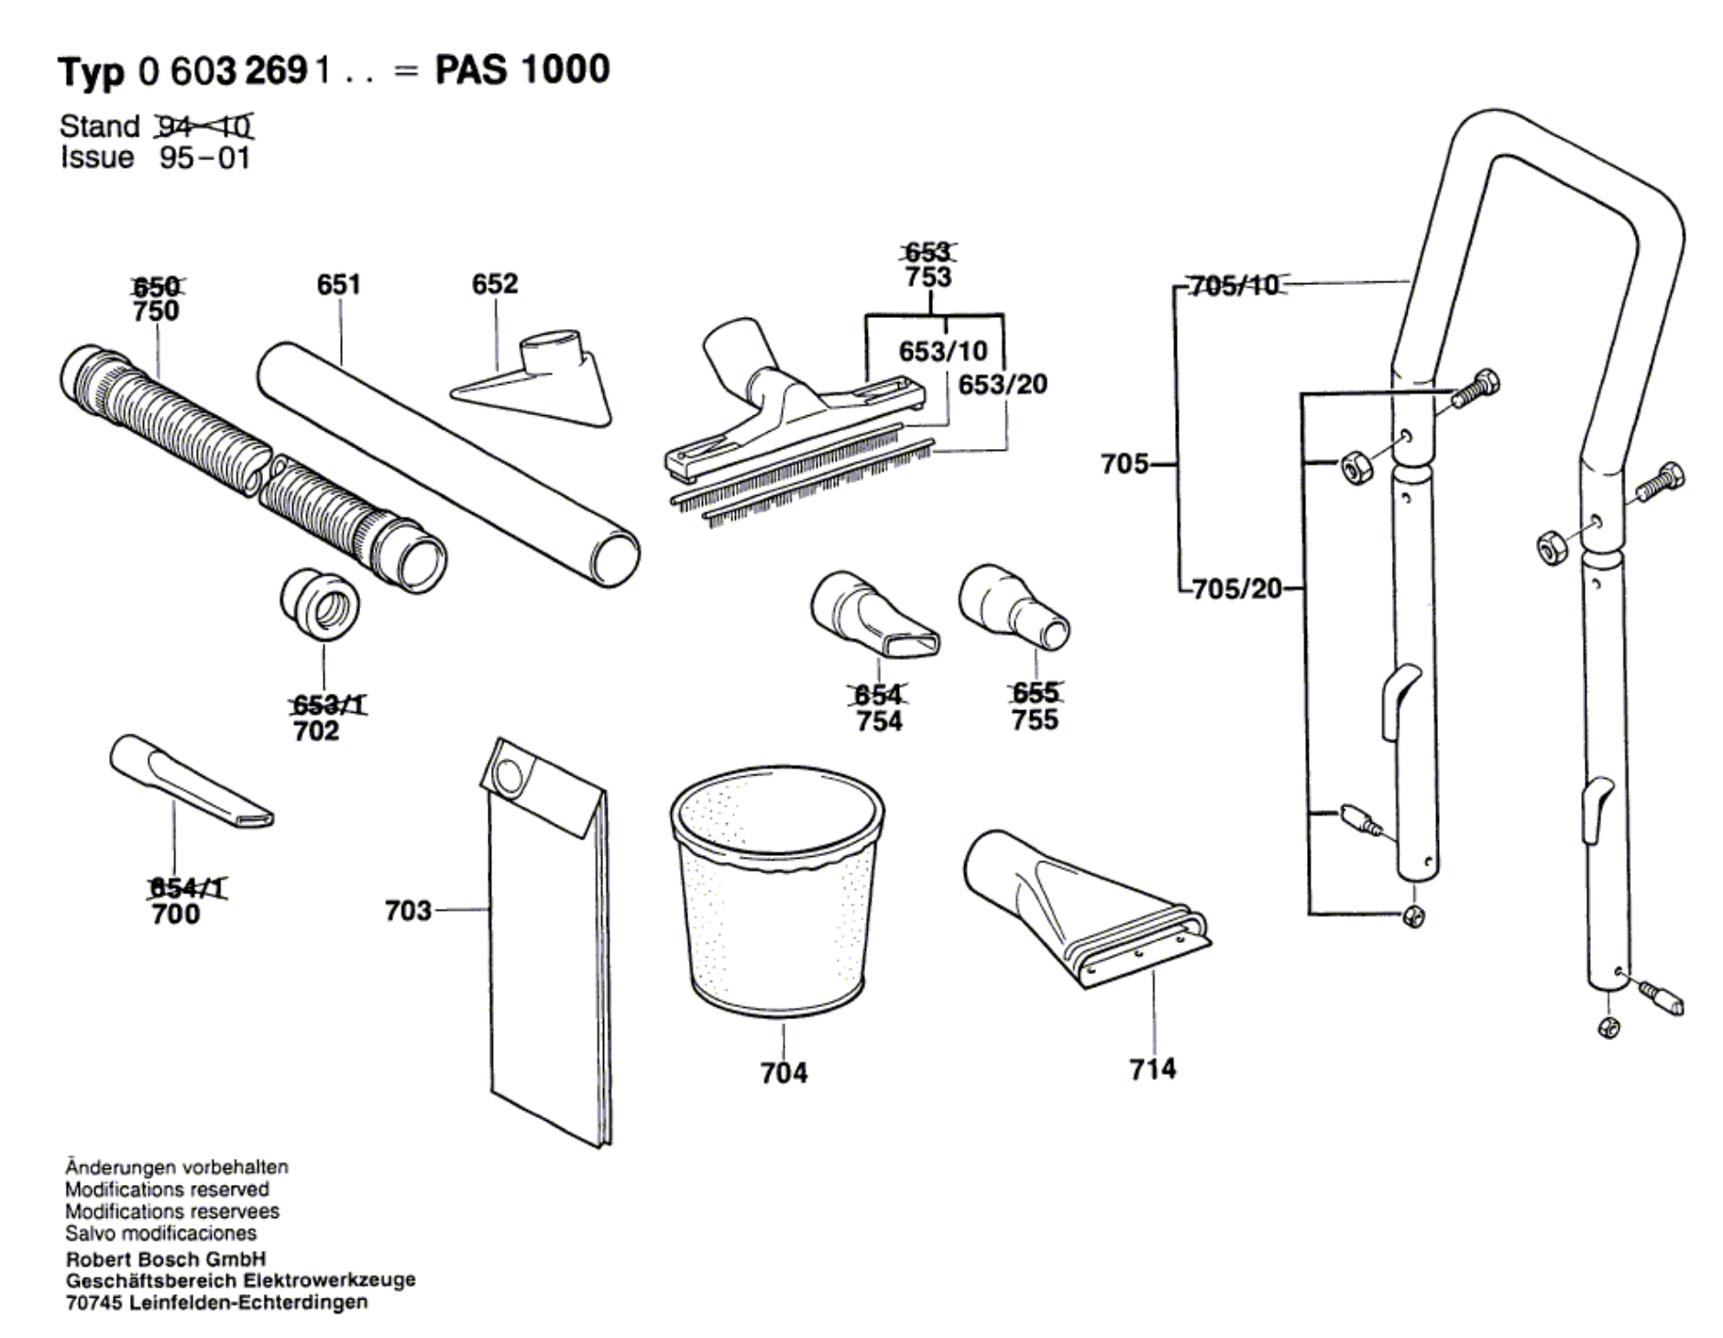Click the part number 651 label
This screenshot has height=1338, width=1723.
pyautogui.click(x=338, y=285)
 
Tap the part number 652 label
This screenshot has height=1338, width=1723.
pyautogui.click(x=494, y=284)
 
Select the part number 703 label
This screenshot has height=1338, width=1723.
pyautogui.click(x=408, y=910)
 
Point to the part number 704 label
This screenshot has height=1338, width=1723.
pyautogui.click(x=784, y=1072)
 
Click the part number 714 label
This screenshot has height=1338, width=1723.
pyautogui.click(x=1152, y=1069)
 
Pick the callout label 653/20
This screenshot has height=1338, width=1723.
pyautogui.click(x=1002, y=384)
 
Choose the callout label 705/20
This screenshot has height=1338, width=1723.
pyautogui.click(x=1238, y=588)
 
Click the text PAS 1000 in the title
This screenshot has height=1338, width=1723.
pyautogui.click(x=521, y=70)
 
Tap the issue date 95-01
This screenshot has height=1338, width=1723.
pyautogui.click(x=204, y=158)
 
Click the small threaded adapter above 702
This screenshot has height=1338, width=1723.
pyautogui.click(x=320, y=606)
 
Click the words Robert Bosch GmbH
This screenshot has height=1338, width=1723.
pyautogui.click(x=166, y=1258)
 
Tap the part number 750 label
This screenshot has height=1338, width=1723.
pyautogui.click(x=156, y=312)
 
